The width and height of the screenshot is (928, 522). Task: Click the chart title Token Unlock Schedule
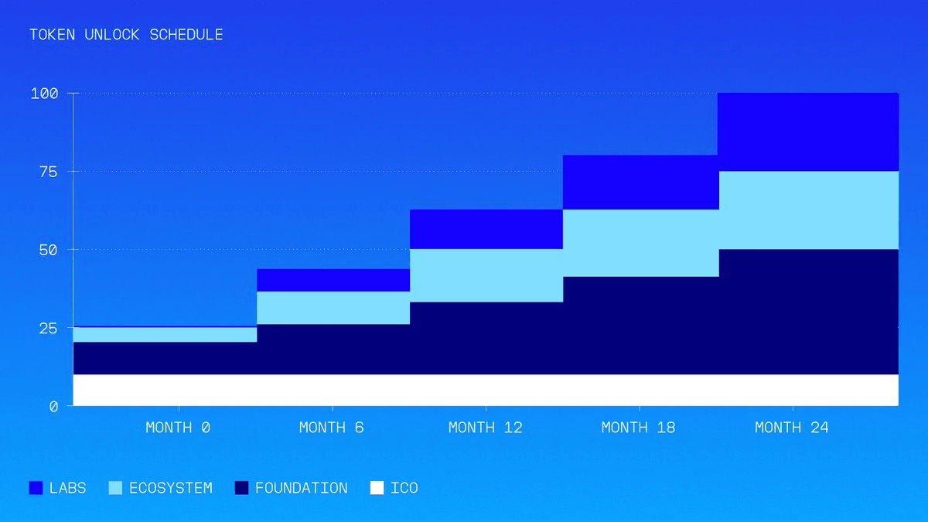126,35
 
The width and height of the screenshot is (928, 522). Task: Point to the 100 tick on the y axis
44,94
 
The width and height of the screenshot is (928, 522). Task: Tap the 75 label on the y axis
49,172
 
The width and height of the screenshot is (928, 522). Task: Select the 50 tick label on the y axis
49,250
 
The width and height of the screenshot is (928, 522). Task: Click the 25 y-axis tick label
49,328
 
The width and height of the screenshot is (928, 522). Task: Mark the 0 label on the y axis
53,406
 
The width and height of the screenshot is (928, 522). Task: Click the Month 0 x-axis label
179,428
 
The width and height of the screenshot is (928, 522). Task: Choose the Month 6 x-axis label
332,428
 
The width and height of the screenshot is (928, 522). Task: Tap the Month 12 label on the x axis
485,428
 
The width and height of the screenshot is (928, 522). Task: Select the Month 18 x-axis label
639,428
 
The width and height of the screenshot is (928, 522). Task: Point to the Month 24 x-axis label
792,428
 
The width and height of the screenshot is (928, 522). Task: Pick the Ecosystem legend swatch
116,488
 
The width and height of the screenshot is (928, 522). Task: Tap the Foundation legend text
301,488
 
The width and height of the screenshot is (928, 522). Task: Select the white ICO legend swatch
377,488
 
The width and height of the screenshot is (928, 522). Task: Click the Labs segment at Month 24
807,131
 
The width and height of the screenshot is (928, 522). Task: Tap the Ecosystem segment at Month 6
333,307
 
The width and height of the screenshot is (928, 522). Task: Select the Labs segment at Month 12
486,229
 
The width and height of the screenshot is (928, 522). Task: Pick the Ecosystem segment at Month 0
165,334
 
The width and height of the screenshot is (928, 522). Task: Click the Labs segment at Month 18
640,182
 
